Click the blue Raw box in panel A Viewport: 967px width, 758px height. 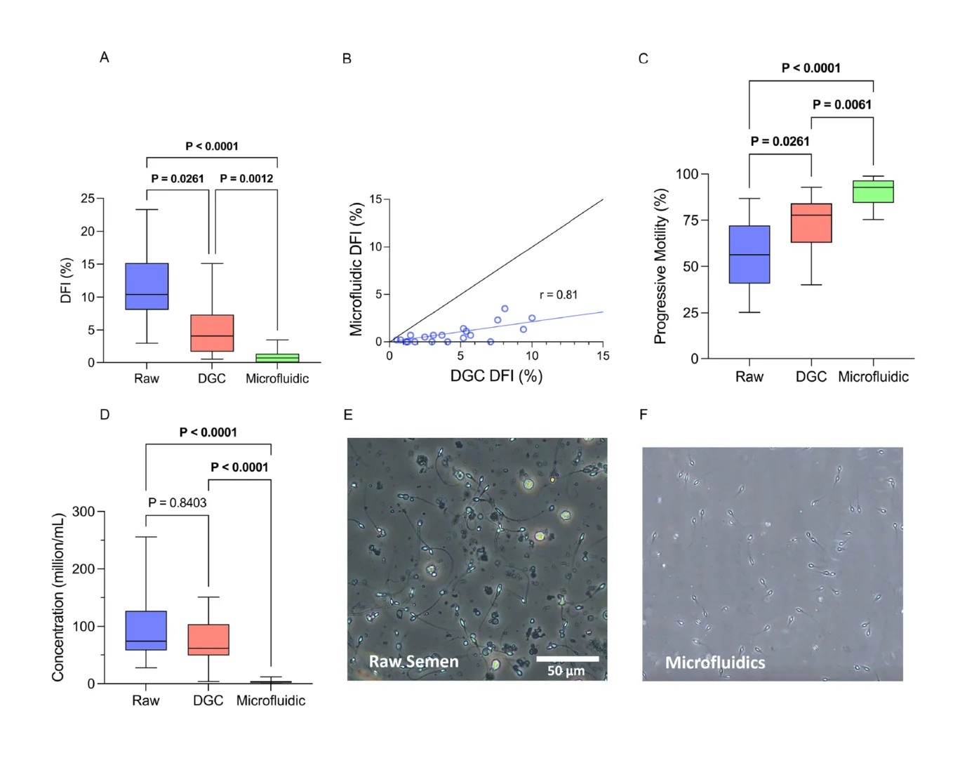(147, 286)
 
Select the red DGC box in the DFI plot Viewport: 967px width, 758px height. (212, 333)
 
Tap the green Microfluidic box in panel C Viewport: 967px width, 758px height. (873, 192)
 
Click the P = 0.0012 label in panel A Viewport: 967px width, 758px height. (246, 178)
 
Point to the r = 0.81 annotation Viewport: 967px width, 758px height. (559, 295)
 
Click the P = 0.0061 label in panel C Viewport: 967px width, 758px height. (842, 105)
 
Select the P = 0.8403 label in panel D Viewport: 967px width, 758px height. (178, 503)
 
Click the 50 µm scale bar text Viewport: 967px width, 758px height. (566, 671)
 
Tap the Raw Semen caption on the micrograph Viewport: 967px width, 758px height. (414, 662)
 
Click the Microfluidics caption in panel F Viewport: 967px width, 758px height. (715, 663)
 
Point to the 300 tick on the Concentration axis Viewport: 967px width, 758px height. (84, 512)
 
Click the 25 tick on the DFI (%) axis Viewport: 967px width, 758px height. (88, 199)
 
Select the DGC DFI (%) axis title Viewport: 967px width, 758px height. (496, 376)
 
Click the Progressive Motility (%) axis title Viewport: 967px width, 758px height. (660, 266)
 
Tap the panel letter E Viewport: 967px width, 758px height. (348, 415)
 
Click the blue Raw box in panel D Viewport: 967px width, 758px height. (146, 630)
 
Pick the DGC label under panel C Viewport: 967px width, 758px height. (811, 377)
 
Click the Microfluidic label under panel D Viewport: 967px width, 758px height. (271, 700)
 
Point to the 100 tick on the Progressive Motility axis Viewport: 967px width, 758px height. (687, 174)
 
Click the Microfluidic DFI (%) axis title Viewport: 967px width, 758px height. (356, 270)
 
